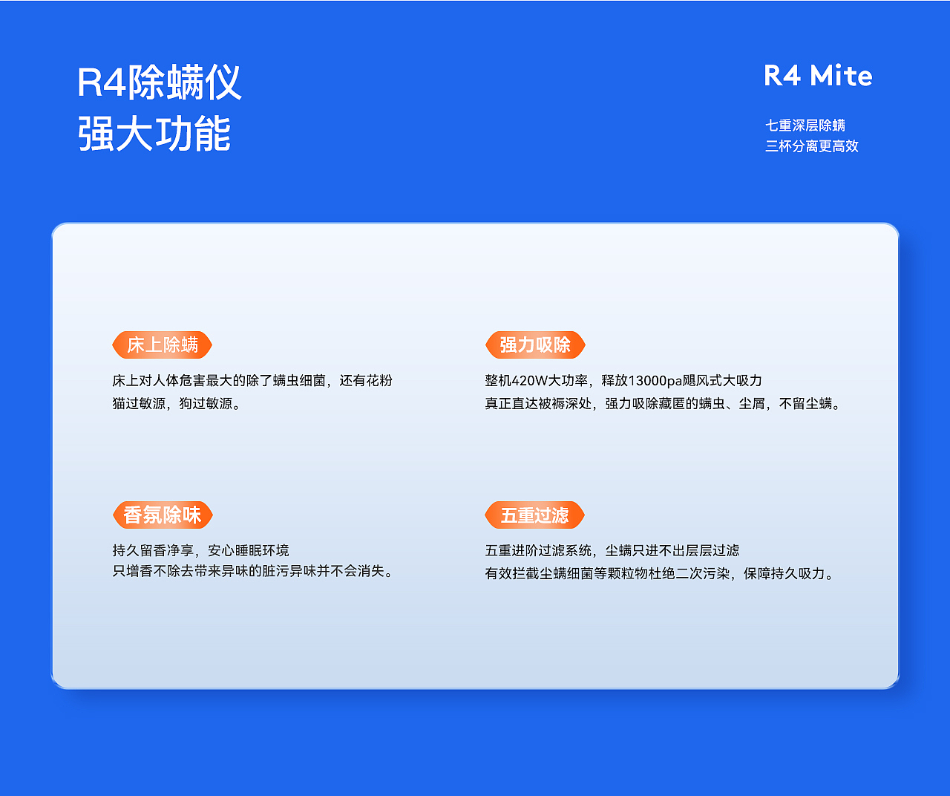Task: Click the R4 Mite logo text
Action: click(818, 76)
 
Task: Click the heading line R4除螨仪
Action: click(160, 82)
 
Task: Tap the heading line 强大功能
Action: click(154, 134)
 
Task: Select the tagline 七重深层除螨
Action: click(805, 125)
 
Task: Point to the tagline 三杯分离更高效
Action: click(812, 146)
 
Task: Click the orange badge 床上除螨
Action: click(162, 345)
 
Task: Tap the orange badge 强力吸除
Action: click(535, 345)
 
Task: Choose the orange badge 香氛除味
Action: click(162, 515)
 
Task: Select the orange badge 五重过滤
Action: click(534, 515)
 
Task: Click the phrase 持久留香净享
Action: click(152, 551)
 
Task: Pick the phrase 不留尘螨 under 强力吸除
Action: click(805, 404)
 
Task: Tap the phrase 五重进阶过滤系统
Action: click(538, 551)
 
